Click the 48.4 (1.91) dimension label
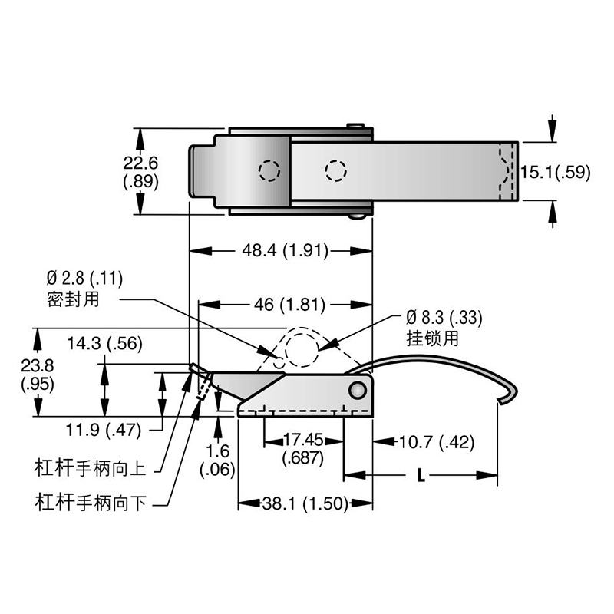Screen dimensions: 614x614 pos(280,249)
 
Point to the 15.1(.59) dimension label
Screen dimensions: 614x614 pos(555,172)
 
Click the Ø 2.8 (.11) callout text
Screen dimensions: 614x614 pos(84,277)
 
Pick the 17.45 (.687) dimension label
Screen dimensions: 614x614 pos(304,449)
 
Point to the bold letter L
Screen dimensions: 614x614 pos(421,475)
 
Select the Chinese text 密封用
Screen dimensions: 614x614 pos(74,297)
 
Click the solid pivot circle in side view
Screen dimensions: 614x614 pos(357,391)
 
